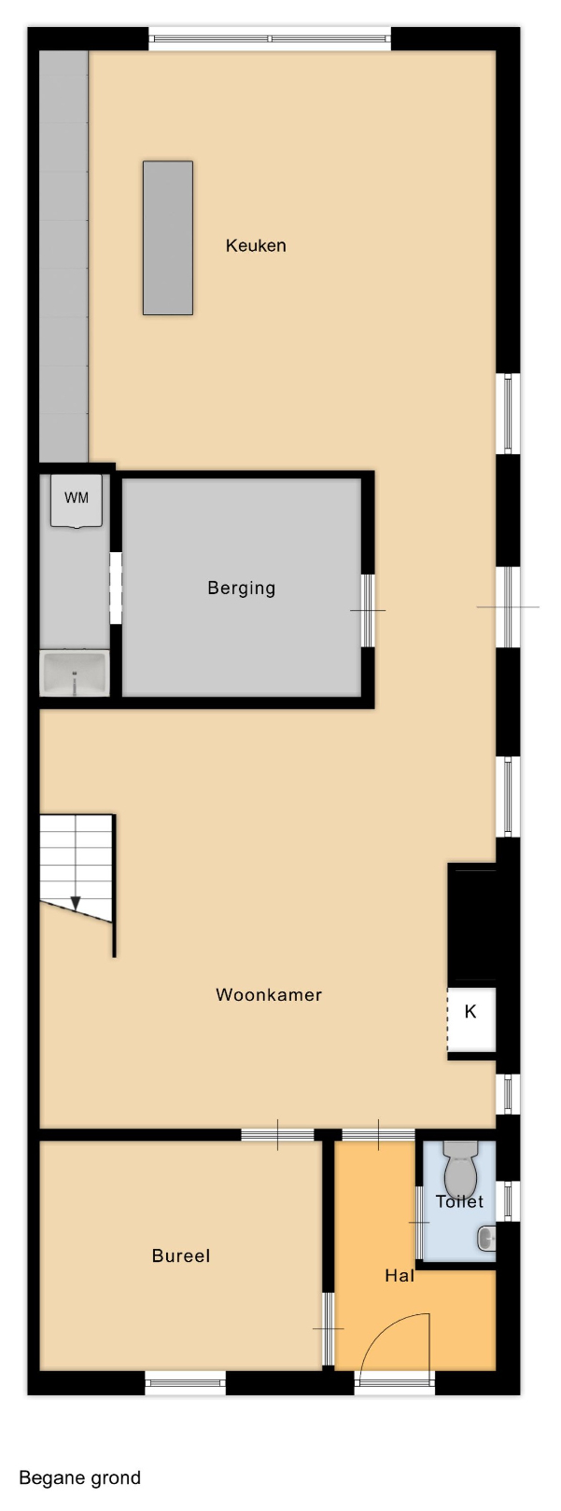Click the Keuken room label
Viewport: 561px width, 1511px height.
[x=255, y=245]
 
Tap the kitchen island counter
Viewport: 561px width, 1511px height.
[x=168, y=238]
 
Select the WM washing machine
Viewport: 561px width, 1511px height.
[x=77, y=500]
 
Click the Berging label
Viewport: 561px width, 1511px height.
[x=241, y=589]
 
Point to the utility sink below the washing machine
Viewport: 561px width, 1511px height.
[x=75, y=673]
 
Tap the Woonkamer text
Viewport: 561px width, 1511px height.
[x=269, y=995]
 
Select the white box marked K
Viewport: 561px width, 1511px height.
[x=471, y=1019]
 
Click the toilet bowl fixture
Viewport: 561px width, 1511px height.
[x=460, y=1169]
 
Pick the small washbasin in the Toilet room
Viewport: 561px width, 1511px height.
[x=486, y=1238]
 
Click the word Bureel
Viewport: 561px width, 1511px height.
[x=181, y=1256]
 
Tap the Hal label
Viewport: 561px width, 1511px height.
[x=399, y=1276]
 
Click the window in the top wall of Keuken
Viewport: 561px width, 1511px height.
[x=270, y=38]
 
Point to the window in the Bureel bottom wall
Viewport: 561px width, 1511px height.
[x=186, y=1383]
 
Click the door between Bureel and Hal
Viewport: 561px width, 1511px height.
[x=328, y=1329]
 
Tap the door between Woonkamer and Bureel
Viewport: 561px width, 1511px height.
[x=277, y=1135]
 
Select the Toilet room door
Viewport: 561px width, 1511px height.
[x=418, y=1222]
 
